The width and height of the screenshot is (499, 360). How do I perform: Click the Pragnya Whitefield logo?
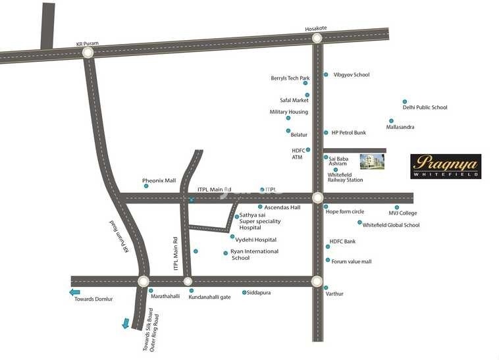pyautogui.click(x=446, y=167)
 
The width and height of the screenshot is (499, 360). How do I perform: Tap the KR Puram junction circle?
pyautogui.click(x=88, y=54)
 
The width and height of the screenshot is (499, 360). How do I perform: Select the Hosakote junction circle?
pyautogui.click(x=317, y=39)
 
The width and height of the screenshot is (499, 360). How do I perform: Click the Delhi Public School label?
pyautogui.click(x=425, y=107)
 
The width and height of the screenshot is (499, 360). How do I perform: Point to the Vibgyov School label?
pyautogui.click(x=352, y=75)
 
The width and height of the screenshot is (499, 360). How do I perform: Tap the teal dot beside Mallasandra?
pyautogui.click(x=391, y=121)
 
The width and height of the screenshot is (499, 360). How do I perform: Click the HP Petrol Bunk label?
pyautogui.click(x=348, y=132)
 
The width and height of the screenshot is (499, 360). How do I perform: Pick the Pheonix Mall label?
pyautogui.click(x=159, y=180)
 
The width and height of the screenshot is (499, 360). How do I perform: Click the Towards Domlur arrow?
pyautogui.click(x=75, y=292)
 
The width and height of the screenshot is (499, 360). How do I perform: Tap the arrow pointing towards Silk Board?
pyautogui.click(x=126, y=323)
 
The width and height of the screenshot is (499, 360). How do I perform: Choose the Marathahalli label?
pyautogui.click(x=166, y=297)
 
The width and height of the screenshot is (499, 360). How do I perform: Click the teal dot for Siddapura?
pyautogui.click(x=244, y=292)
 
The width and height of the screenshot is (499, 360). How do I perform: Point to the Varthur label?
pyautogui.click(x=334, y=294)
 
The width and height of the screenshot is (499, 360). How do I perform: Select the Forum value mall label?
pyautogui.click(x=351, y=261)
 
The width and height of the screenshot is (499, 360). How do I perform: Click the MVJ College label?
pyautogui.click(x=403, y=213)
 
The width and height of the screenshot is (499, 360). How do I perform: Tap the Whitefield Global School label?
pyautogui.click(x=391, y=225)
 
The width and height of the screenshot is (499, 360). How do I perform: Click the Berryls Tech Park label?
pyautogui.click(x=290, y=78)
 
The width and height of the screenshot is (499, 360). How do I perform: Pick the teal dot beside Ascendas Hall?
pyautogui.click(x=260, y=207)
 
